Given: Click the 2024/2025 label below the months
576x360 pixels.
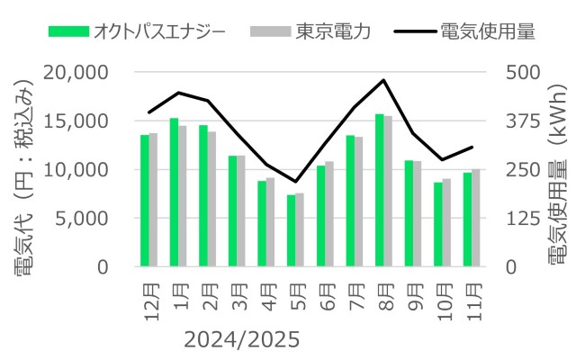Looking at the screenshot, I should click(x=240, y=340).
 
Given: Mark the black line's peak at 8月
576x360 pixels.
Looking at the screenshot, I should click(x=384, y=80).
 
